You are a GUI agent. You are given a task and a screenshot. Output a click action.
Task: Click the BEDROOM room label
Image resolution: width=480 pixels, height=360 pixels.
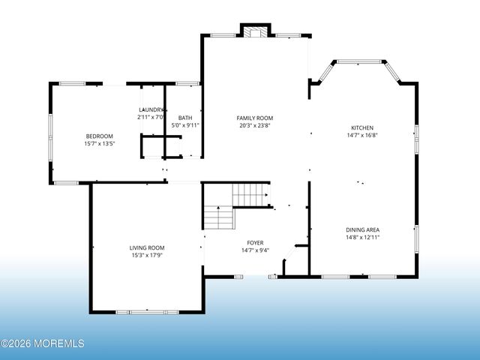(x=99, y=136)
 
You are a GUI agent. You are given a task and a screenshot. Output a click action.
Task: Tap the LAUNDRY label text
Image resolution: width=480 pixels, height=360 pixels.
(x=151, y=109)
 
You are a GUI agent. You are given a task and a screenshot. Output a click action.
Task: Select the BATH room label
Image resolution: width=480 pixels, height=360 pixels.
(x=185, y=118)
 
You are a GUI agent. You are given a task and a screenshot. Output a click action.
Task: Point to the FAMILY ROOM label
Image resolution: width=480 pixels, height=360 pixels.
(x=255, y=118)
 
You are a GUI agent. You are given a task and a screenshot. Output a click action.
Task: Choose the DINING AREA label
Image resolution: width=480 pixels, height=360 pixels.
(x=362, y=229)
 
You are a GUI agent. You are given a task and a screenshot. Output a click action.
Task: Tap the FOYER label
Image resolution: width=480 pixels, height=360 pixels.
(x=255, y=243)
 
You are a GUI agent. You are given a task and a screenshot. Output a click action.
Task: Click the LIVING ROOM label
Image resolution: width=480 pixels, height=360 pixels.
(x=147, y=247)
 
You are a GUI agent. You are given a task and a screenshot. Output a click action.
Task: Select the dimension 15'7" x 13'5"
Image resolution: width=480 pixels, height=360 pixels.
(x=99, y=143)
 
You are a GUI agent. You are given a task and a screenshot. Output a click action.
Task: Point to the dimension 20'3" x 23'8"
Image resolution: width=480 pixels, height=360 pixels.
(x=255, y=125)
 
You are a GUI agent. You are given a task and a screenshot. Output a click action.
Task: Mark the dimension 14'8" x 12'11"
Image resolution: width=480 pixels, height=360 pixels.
(x=362, y=237)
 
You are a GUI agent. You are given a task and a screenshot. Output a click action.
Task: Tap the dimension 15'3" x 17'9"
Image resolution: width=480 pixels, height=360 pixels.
(x=147, y=255)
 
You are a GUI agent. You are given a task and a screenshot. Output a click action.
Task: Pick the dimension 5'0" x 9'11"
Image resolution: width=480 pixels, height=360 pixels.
(x=185, y=125)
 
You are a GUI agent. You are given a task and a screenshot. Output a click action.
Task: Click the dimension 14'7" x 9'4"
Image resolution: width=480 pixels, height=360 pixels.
(x=255, y=250)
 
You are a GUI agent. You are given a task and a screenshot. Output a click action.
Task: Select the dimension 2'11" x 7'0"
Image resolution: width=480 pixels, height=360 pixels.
(x=151, y=117)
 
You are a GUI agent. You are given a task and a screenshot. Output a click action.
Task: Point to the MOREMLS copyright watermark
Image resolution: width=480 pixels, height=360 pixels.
(x=43, y=343)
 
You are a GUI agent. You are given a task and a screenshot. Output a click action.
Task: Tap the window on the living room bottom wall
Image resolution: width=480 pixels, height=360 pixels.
(x=146, y=311)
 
